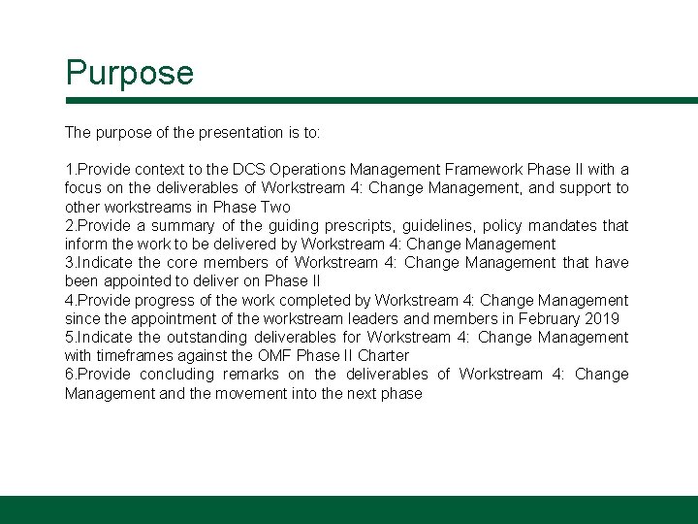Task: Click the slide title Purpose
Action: pos(129,73)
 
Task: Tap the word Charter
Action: pos(383,355)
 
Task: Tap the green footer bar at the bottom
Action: pos(349,509)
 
